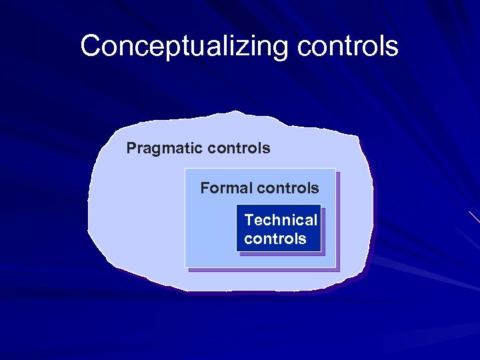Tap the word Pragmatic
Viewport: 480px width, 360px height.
tap(165, 148)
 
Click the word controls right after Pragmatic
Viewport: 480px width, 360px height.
tap(239, 148)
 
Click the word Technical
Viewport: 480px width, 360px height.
tap(281, 220)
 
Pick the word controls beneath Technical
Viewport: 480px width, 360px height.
tap(275, 239)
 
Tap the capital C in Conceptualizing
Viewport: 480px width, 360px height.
tap(91, 47)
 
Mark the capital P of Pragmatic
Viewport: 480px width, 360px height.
tap(131, 148)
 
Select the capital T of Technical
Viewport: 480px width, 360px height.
tap(249, 220)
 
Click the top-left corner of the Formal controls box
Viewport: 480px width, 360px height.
tap(185, 169)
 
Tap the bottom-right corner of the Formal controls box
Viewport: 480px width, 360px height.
tap(336, 267)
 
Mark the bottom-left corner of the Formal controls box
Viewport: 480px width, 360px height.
tap(185, 267)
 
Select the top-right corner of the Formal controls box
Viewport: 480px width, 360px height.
tap(336, 169)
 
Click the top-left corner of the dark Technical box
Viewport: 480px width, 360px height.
tap(237, 205)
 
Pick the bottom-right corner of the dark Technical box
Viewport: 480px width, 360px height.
tap(321, 251)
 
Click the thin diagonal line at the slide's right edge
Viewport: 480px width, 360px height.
tap(474, 217)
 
